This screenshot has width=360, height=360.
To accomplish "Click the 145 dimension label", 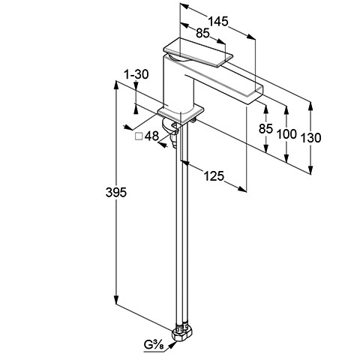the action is click(218, 21).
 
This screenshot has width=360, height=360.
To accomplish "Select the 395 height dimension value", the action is click(116, 193).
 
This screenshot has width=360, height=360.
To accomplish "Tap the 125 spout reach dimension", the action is click(214, 176).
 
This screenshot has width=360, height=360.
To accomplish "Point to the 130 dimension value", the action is click(310, 138).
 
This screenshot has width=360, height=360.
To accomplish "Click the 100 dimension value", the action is click(286, 134).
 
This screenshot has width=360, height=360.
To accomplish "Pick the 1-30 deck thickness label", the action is click(136, 74).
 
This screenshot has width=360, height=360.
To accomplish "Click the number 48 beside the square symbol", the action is click(151, 136).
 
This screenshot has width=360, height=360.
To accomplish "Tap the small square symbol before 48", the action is click(139, 136).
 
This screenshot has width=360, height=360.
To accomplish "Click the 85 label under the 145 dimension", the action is click(202, 33).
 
